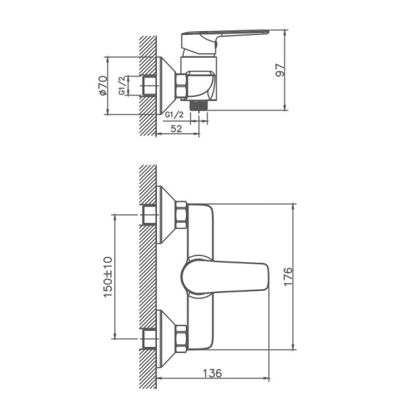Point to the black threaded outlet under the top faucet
[202, 105]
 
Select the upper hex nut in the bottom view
[182, 214]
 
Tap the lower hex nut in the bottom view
[182, 338]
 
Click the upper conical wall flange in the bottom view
[167, 214]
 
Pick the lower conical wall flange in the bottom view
[167, 338]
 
